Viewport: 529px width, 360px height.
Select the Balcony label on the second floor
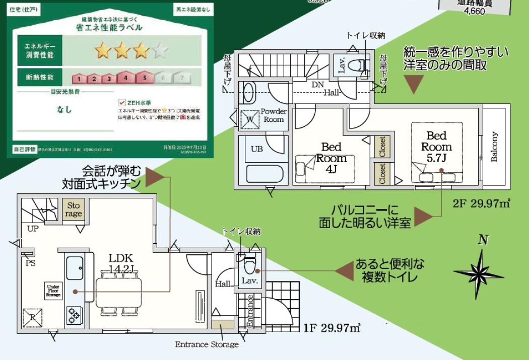[x=494, y=147]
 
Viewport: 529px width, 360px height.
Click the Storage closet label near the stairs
[x=74, y=209]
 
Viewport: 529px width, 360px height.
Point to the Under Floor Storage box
[x=53, y=291]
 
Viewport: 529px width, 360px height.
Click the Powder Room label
[x=274, y=115]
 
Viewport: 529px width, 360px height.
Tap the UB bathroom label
[x=257, y=149]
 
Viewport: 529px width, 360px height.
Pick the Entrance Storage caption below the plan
[x=207, y=344]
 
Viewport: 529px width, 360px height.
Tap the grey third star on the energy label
[x=160, y=50]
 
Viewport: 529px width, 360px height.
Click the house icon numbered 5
[x=144, y=78]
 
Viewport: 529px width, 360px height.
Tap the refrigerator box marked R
[x=32, y=317]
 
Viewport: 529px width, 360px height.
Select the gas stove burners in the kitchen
[x=74, y=315]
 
